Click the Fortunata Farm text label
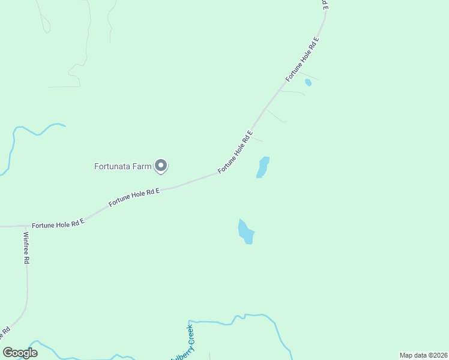(122, 166)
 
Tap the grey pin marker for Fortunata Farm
(161, 166)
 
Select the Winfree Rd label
(26, 248)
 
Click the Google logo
(20, 352)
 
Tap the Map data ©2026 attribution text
(423, 355)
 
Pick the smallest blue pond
(308, 82)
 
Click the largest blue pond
(246, 232)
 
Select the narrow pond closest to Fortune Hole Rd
(262, 167)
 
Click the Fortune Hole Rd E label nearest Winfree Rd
(58, 224)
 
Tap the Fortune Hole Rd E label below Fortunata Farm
(134, 197)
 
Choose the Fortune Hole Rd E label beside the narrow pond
(235, 152)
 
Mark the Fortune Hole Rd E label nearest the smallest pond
(302, 59)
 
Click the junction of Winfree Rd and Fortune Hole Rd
(26, 226)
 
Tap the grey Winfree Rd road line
(27, 288)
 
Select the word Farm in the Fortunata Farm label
(142, 166)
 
